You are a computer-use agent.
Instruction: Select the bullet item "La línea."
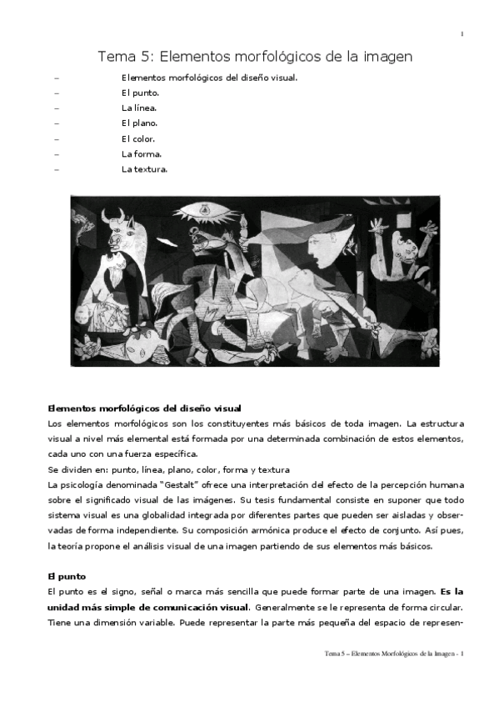(139, 108)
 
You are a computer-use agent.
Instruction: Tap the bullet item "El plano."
(140, 123)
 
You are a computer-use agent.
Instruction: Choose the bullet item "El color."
(138, 138)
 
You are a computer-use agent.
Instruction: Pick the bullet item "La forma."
(142, 154)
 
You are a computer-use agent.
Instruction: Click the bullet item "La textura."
(145, 169)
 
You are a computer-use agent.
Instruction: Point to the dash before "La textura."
(56, 169)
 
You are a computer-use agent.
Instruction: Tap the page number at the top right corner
(461, 34)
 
